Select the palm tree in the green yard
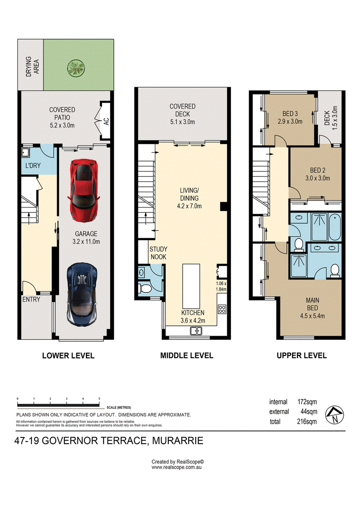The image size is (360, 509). (x=76, y=68)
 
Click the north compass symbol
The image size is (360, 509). (x=334, y=415)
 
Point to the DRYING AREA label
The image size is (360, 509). (x=32, y=67)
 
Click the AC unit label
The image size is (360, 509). (x=106, y=121)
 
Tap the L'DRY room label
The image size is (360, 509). (x=33, y=166)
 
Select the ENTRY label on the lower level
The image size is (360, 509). (x=31, y=299)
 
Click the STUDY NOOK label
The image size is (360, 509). (x=158, y=253)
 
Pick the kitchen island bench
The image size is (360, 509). (x=191, y=282)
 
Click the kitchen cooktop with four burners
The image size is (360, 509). (x=222, y=309)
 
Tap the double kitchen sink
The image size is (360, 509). (x=196, y=331)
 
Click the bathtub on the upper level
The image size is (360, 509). (x=335, y=227)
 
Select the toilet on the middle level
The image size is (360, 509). (x=144, y=288)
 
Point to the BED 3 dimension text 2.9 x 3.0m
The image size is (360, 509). (x=290, y=122)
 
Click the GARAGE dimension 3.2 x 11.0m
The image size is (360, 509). (x=86, y=242)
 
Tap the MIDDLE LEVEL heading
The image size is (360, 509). (x=187, y=356)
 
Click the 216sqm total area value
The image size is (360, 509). (x=307, y=421)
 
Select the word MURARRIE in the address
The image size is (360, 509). (x=178, y=441)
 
